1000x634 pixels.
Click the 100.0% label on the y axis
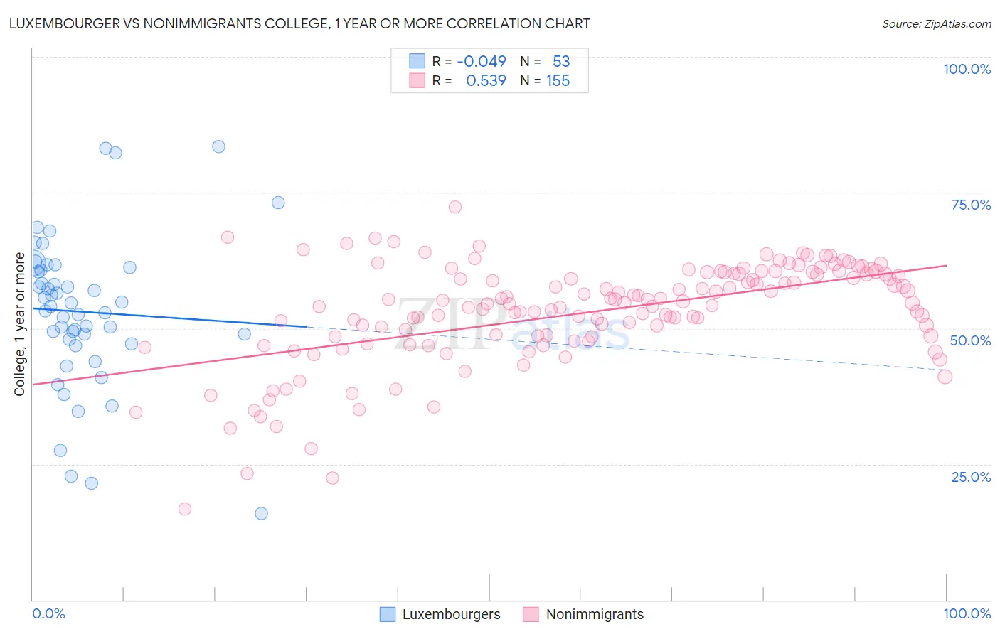(x=967, y=69)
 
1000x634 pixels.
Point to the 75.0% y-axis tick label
(x=971, y=205)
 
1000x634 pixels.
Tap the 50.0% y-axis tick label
(x=970, y=340)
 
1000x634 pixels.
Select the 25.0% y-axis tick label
(x=971, y=477)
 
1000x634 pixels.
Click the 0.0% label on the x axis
(x=48, y=613)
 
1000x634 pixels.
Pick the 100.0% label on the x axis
(x=967, y=613)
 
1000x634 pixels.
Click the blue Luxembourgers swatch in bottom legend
(x=388, y=614)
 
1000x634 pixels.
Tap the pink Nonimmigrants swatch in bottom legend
(x=531, y=614)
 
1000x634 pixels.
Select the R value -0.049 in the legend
(x=482, y=61)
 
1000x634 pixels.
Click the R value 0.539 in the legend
(x=486, y=81)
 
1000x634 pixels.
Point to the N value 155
(x=558, y=81)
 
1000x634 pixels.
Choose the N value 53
(x=561, y=61)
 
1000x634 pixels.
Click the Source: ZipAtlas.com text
(x=936, y=24)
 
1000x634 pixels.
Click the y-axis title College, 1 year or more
(x=20, y=324)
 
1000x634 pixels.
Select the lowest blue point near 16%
(x=261, y=513)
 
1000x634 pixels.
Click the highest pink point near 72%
(x=455, y=207)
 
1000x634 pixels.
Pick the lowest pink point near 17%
(x=185, y=509)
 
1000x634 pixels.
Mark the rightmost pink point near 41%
(x=945, y=377)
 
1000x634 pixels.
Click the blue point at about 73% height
(x=278, y=203)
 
